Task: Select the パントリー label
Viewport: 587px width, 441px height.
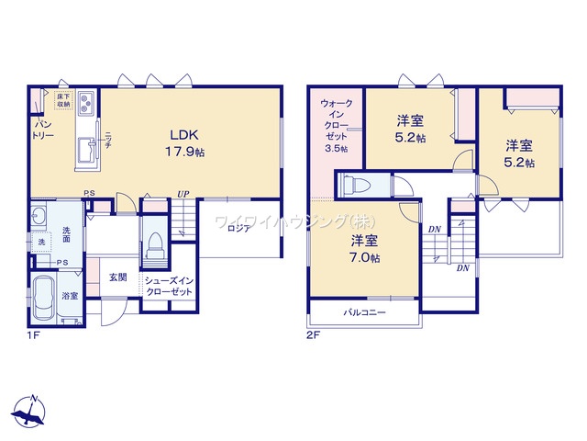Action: pyautogui.click(x=43, y=130)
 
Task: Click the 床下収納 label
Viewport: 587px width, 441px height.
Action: pyautogui.click(x=63, y=99)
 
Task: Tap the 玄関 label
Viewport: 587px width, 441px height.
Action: pyautogui.click(x=118, y=277)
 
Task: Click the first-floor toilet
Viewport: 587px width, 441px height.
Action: pyautogui.click(x=154, y=245)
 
